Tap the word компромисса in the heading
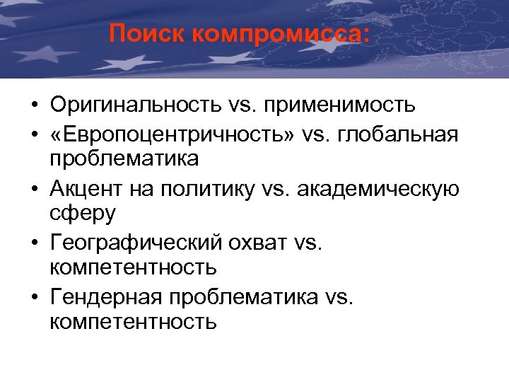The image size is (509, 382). pyautogui.click(x=281, y=34)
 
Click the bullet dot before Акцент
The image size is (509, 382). pyautogui.click(x=34, y=188)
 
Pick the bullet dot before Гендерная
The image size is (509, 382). pyautogui.click(x=34, y=296)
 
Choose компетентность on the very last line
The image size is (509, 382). pyautogui.click(x=133, y=323)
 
